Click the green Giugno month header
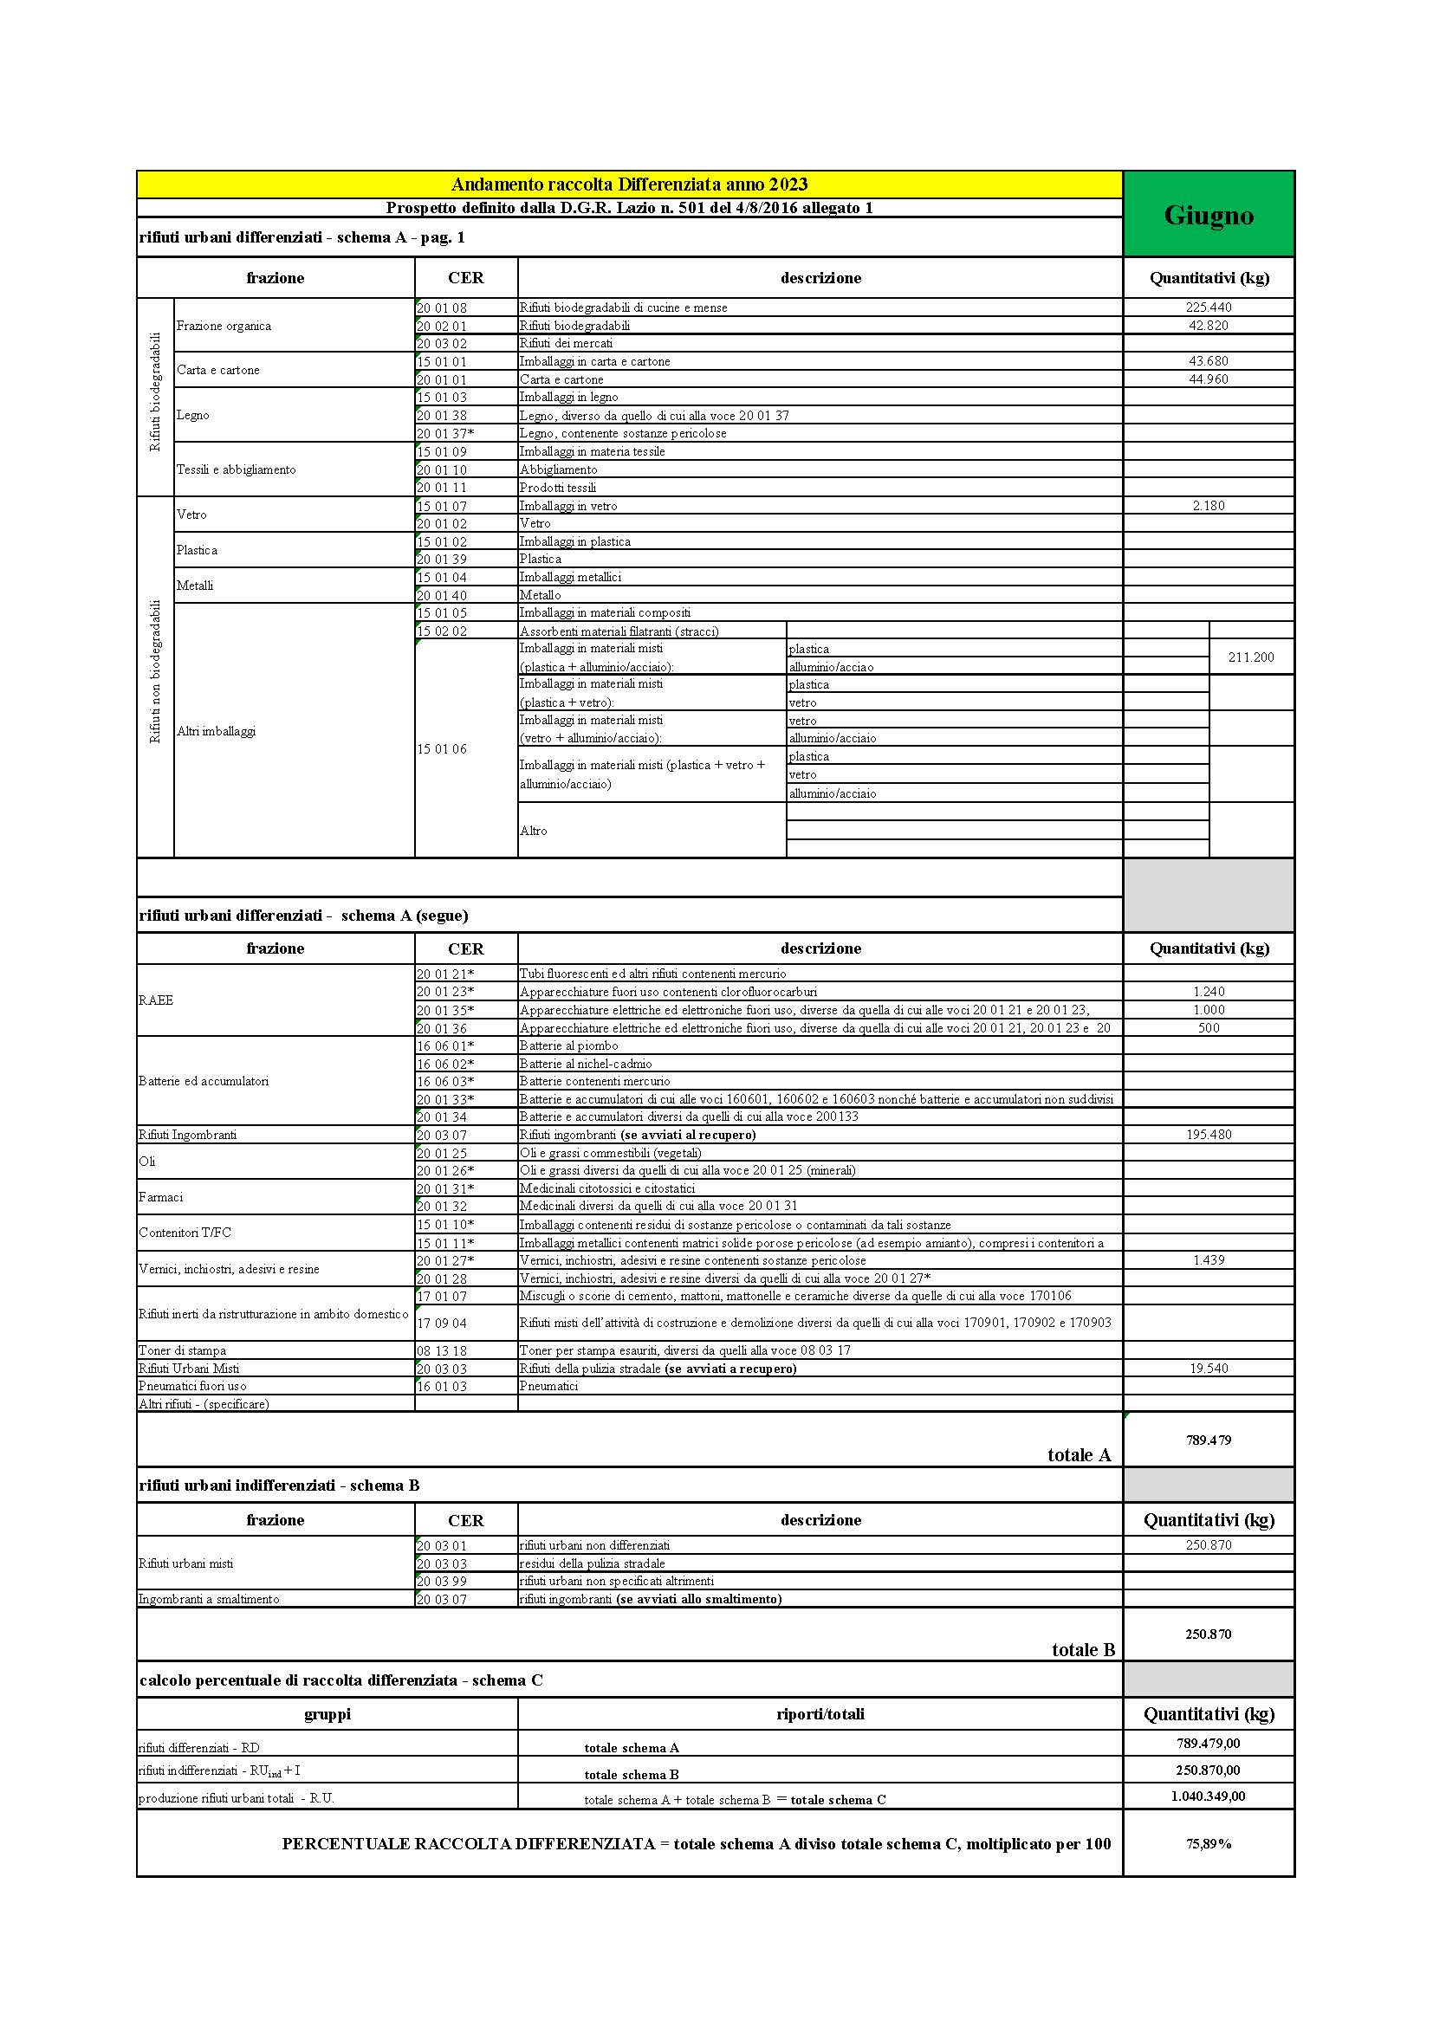pyautogui.click(x=1208, y=215)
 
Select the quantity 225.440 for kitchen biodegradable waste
pyautogui.click(x=1208, y=307)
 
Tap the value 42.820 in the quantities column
pyautogui.click(x=1208, y=325)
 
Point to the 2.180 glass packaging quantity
pyautogui.click(x=1208, y=506)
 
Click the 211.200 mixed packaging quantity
pyautogui.click(x=1250, y=657)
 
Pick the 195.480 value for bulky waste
pyautogui.click(x=1208, y=1134)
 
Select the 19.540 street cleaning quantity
pyautogui.click(x=1208, y=1368)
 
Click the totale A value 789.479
pyautogui.click(x=1208, y=1440)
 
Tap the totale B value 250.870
pyautogui.click(x=1208, y=1634)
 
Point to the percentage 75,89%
pyautogui.click(x=1208, y=1843)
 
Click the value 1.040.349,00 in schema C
pyautogui.click(x=1208, y=1796)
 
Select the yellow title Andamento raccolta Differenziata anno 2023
pyautogui.click(x=629, y=184)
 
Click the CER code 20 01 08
pyautogui.click(x=442, y=308)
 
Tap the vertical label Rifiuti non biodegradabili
pyautogui.click(x=155, y=671)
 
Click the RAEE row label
pyautogui.click(x=156, y=1000)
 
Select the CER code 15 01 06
pyautogui.click(x=442, y=749)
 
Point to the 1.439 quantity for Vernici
pyautogui.click(x=1208, y=1260)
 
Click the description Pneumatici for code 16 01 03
pyautogui.click(x=548, y=1386)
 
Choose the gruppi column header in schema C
pyautogui.click(x=327, y=1713)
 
